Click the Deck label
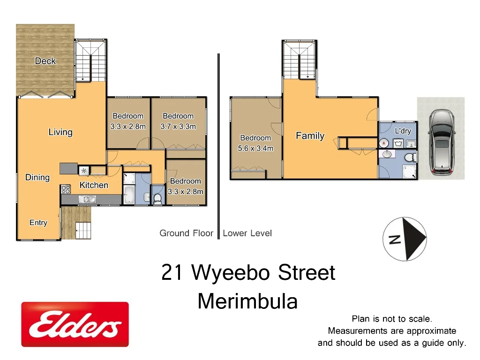(x=45, y=61)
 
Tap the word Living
(x=60, y=132)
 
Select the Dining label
(x=37, y=177)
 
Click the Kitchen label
(x=94, y=185)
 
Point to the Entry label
(x=38, y=223)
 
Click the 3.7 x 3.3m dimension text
(x=178, y=127)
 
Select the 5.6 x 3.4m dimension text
(x=255, y=149)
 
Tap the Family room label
(x=310, y=136)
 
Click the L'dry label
(x=403, y=131)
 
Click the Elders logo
(x=75, y=324)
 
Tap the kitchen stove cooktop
(x=66, y=189)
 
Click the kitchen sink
(x=88, y=200)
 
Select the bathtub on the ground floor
(x=128, y=195)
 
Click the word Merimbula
(x=247, y=301)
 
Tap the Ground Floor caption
(x=186, y=233)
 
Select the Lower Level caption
(x=247, y=233)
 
